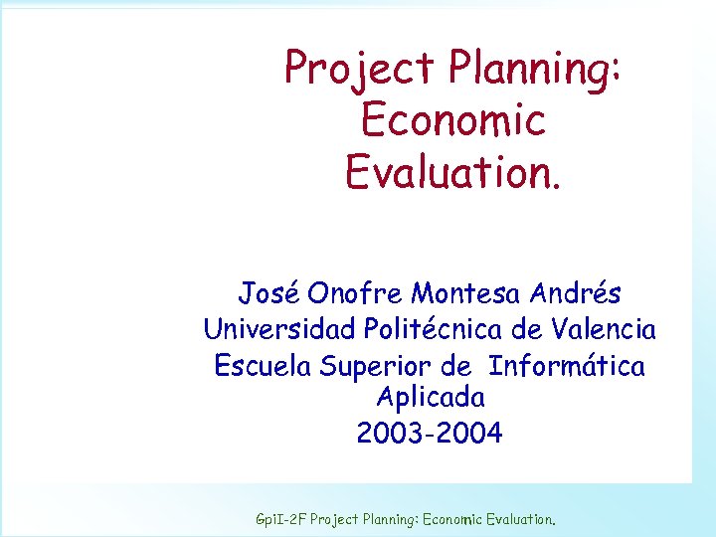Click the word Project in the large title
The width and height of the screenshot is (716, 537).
pyautogui.click(x=360, y=68)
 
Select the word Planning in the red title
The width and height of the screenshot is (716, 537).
pyautogui.click(x=534, y=68)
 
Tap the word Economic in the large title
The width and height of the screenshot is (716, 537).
pyautogui.click(x=452, y=119)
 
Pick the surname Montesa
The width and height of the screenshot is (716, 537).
pyautogui.click(x=466, y=293)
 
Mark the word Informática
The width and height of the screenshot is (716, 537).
pyautogui.click(x=567, y=365)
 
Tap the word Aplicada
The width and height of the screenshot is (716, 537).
pyautogui.click(x=431, y=398)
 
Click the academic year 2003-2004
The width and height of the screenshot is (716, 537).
pyautogui.click(x=431, y=434)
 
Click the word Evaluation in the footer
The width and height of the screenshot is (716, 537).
pyautogui.click(x=522, y=519)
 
